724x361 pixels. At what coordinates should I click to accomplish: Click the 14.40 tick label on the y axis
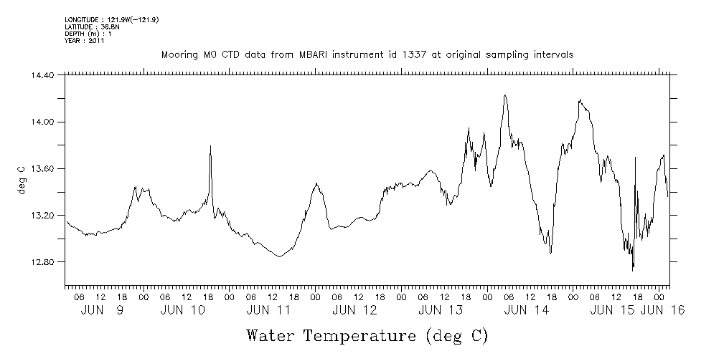tap(41, 75)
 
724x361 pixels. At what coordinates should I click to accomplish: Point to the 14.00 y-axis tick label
tap(41, 122)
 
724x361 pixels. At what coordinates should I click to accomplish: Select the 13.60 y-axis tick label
tap(41, 168)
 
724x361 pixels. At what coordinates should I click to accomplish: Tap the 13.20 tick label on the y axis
tap(41, 216)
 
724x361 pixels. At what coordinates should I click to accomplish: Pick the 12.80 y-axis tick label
tap(41, 262)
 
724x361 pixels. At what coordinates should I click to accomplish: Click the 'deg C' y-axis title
tap(21, 179)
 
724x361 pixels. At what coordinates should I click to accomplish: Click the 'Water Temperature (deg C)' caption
tap(367, 335)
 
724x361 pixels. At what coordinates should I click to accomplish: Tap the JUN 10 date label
tap(184, 309)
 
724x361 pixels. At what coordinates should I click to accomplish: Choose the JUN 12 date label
tap(355, 309)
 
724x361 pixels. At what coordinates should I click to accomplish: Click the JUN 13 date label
tap(441, 309)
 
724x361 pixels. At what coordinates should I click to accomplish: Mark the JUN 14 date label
tap(527, 309)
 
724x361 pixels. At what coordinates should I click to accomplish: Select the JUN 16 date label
tap(662, 309)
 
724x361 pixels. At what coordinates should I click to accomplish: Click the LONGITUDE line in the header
tap(111, 20)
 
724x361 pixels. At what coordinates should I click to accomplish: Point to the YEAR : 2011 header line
tap(85, 41)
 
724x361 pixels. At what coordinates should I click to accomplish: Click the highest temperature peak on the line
tap(505, 95)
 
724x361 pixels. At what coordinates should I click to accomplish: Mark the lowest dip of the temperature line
tap(633, 270)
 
